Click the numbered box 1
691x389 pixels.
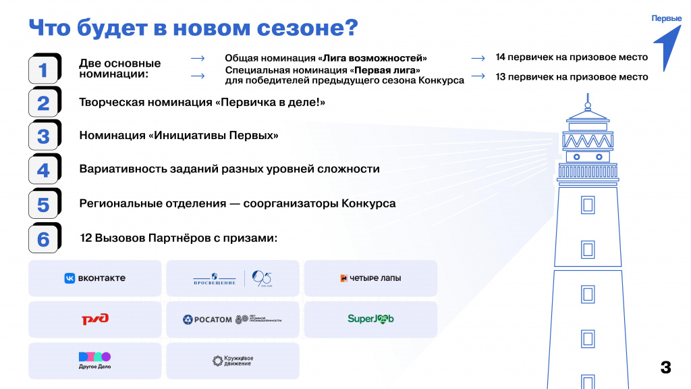pyautogui.click(x=43, y=69)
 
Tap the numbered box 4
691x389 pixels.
pyautogui.click(x=43, y=170)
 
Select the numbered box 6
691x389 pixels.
pyautogui.click(x=43, y=239)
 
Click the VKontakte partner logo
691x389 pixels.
pyautogui.click(x=95, y=278)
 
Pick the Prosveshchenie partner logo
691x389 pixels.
pyautogui.click(x=232, y=278)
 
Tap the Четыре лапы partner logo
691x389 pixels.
pyautogui.click(x=370, y=278)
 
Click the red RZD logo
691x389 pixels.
pyautogui.click(x=95, y=319)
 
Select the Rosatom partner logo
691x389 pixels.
pyautogui.click(x=232, y=319)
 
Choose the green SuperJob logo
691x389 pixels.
pyautogui.click(x=370, y=319)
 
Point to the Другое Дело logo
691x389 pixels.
pyautogui.click(x=95, y=361)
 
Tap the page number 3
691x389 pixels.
pyautogui.click(x=665, y=367)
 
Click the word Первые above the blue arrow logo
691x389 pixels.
pyautogui.click(x=666, y=18)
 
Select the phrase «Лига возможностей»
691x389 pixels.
pyautogui.click(x=372, y=58)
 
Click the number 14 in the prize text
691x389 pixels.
pyautogui.click(x=501, y=57)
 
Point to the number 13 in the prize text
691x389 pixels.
pyautogui.click(x=501, y=77)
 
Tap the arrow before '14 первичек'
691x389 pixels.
pyautogui.click(x=478, y=58)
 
